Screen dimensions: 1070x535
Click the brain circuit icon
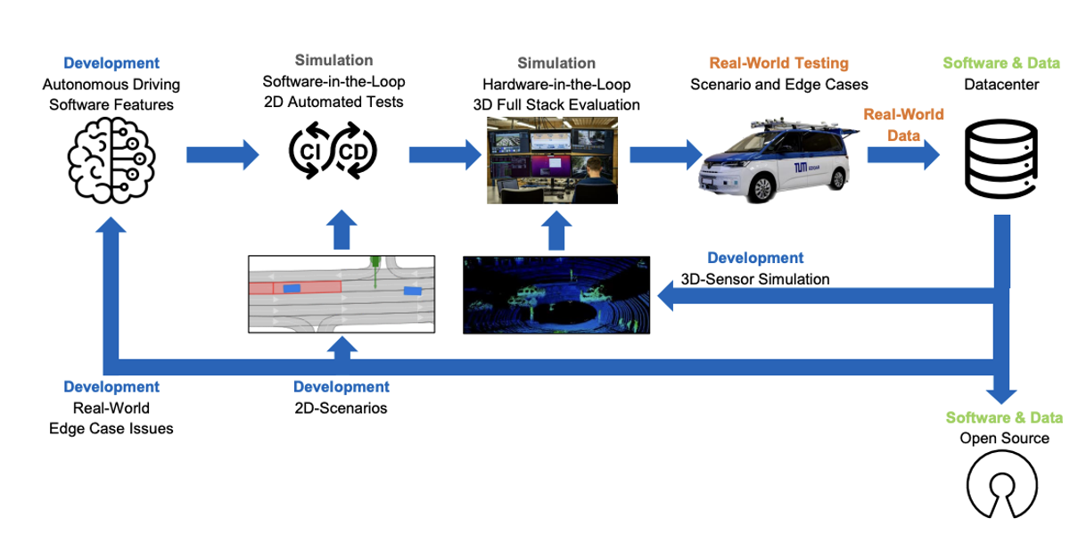pyautogui.click(x=111, y=160)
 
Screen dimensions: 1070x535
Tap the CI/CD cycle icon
pyautogui.click(x=333, y=151)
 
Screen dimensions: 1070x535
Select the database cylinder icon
pyautogui.click(x=1000, y=159)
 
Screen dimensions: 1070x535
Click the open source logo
pyautogui.click(x=1002, y=485)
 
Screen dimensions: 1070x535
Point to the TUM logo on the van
pyautogui.click(x=801, y=168)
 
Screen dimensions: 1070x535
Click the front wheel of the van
pyautogui.click(x=761, y=186)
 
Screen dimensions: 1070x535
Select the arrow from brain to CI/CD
pyautogui.click(x=223, y=155)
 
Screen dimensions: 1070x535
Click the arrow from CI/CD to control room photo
pyautogui.click(x=445, y=155)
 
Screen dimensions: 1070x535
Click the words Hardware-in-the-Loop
pyautogui.click(x=556, y=85)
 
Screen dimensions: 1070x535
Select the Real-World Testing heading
pyautogui.click(x=778, y=63)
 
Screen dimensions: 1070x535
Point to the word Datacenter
pyautogui.click(x=1001, y=85)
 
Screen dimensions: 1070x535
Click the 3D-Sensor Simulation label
pyautogui.click(x=754, y=279)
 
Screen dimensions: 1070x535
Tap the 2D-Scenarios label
pyautogui.click(x=341, y=408)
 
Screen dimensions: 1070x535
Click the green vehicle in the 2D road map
pyautogui.click(x=375, y=268)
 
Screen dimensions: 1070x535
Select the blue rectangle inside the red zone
pyautogui.click(x=292, y=289)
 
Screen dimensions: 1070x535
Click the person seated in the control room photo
pyautogui.click(x=594, y=182)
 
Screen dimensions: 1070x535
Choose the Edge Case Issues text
pyautogui.click(x=111, y=429)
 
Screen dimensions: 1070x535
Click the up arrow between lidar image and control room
pyautogui.click(x=556, y=230)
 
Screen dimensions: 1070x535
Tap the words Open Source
pyautogui.click(x=1005, y=439)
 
